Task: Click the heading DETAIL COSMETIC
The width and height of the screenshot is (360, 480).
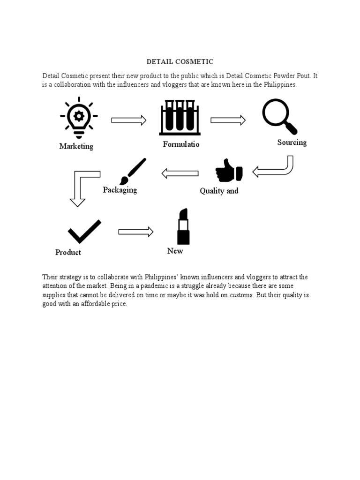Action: click(x=180, y=61)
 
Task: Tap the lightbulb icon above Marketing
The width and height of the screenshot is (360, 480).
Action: click(x=79, y=117)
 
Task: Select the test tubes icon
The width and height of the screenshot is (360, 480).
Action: click(x=180, y=117)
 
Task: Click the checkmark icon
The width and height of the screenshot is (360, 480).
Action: click(x=84, y=231)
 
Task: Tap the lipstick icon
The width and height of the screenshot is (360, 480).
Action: click(x=183, y=227)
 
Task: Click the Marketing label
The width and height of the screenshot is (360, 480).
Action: click(x=76, y=146)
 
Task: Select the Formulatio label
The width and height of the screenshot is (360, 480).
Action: click(x=181, y=144)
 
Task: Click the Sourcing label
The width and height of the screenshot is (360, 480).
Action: click(x=292, y=142)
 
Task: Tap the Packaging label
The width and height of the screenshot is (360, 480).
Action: click(x=120, y=190)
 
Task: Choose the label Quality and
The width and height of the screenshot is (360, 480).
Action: click(x=219, y=191)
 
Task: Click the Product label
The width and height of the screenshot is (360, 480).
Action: click(x=68, y=252)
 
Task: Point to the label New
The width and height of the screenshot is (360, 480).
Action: click(x=175, y=251)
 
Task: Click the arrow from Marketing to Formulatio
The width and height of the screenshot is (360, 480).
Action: click(x=129, y=120)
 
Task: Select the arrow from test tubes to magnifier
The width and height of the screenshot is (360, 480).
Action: click(x=228, y=120)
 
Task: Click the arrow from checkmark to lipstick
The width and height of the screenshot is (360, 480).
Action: click(x=136, y=232)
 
